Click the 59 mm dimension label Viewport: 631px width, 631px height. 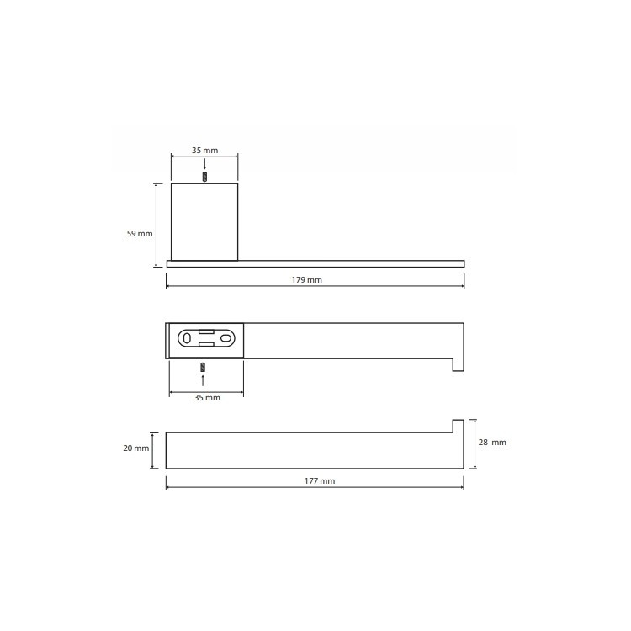pos(140,233)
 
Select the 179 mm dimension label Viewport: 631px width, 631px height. pos(306,280)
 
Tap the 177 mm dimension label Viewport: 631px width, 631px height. pos(320,481)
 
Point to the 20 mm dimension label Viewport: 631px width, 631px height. pos(136,448)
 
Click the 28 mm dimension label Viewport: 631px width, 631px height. pos(492,443)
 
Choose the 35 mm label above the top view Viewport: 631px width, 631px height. pos(204,151)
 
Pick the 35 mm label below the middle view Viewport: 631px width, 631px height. pos(207,398)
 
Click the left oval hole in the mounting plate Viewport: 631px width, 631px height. pos(187,338)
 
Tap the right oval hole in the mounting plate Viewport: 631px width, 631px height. pos(225,338)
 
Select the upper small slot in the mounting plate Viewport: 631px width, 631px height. pos(206,331)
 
